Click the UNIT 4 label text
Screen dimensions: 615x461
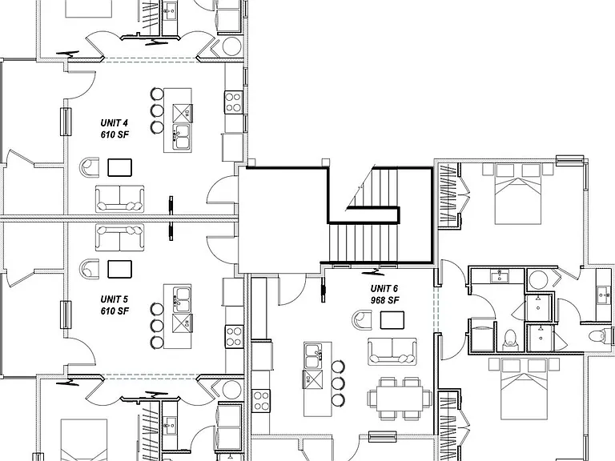pos(115,123)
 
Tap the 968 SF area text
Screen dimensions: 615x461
pos(384,300)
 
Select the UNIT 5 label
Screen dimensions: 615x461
pos(115,299)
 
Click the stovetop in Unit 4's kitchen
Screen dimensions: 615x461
pos(233,102)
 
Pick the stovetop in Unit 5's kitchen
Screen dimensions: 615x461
pos(234,337)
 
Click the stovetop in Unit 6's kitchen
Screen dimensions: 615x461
pos(261,400)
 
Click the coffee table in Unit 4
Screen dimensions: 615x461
pos(119,167)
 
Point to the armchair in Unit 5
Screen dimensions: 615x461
pos(89,269)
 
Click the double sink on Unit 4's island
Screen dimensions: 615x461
pos(182,137)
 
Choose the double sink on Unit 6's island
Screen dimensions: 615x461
pos(313,355)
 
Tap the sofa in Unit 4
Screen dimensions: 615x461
pos(119,198)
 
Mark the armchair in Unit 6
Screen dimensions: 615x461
pos(362,319)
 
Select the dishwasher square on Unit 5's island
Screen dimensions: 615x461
pos(182,323)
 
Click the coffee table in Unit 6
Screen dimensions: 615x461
pos(392,320)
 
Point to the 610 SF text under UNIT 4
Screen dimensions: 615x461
pos(115,134)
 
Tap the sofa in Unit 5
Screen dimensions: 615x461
pos(119,238)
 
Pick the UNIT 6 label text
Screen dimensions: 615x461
pos(384,289)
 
